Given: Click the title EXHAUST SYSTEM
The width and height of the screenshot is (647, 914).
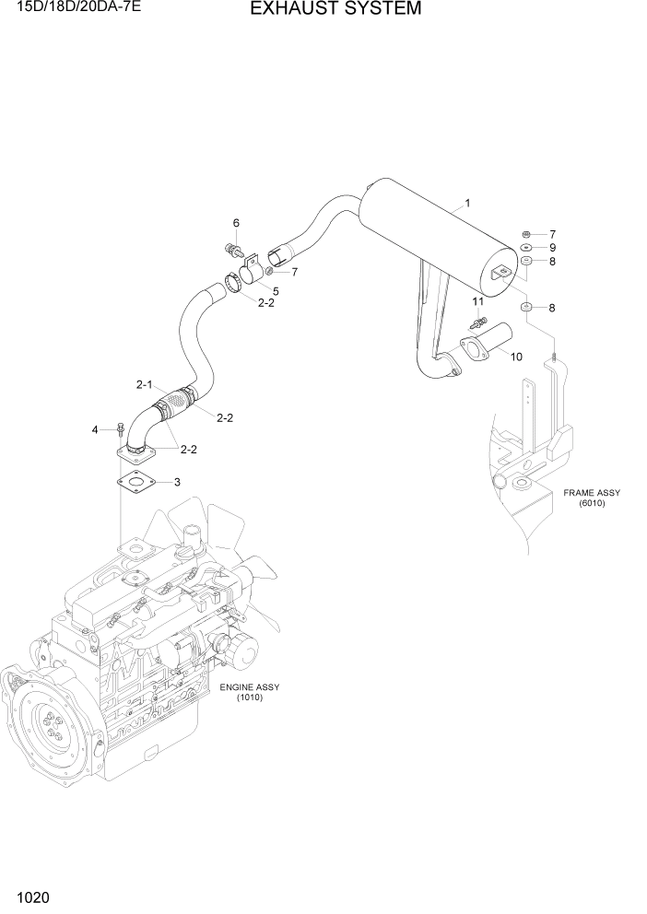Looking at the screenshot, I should (323, 10).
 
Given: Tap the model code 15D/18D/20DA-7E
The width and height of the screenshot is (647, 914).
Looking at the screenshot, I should (70, 8).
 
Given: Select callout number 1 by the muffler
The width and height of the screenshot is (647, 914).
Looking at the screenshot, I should (468, 203).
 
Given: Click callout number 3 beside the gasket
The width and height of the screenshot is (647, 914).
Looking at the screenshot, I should (177, 482).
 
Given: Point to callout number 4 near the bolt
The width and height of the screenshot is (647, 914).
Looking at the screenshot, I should (94, 429).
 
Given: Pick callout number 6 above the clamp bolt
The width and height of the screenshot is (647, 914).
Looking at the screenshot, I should (236, 223).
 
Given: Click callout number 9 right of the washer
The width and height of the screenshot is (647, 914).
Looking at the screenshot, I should (552, 248).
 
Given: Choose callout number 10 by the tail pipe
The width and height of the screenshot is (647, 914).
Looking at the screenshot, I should (516, 357).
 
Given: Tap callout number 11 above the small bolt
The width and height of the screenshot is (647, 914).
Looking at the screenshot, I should (477, 301).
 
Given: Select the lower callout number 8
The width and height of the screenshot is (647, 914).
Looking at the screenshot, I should (552, 307).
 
